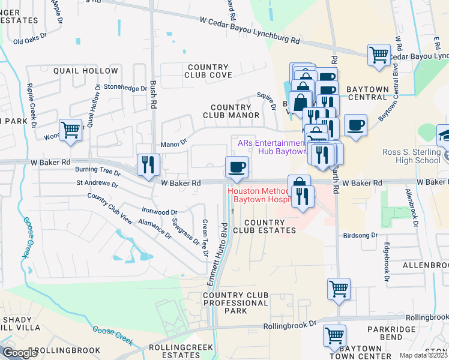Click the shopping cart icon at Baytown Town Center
[x=334, y=336]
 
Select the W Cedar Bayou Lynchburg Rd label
[x=250, y=31]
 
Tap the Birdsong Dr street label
[x=360, y=236]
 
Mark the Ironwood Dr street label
[x=159, y=211]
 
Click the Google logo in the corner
[x=20, y=353]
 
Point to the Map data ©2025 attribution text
[x=423, y=355]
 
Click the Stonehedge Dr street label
[x=125, y=87]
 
